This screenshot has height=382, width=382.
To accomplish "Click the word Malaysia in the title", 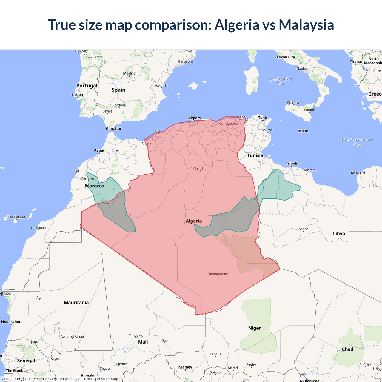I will coord(306,25).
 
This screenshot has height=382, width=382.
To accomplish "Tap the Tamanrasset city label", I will coord(218,274).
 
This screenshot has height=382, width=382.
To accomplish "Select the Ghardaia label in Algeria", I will coord(200,169).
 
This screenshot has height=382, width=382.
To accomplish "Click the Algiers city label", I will coord(194,118).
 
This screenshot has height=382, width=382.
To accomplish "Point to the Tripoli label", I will coord(291,163).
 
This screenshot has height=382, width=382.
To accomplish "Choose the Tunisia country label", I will coord(255,155).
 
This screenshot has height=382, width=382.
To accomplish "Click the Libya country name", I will coord(339,234).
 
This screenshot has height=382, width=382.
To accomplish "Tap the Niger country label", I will coord(254,328).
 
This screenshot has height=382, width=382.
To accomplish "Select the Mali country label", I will coord(143,342).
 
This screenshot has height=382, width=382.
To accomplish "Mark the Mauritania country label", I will coord(76,303).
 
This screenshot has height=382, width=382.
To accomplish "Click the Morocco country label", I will coord(95,186).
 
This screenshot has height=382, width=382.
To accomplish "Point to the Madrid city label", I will coord(129,73).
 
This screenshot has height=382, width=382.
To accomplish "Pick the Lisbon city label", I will coord(77,95).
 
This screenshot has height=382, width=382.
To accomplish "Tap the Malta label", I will coord(303,131).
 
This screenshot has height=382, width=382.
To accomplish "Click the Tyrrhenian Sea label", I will coord(280,81).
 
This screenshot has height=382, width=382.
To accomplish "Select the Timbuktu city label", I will coord(136,335).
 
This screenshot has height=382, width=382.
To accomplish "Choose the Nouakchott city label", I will coord(12,322).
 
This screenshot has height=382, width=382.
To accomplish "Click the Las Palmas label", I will coord(17,217).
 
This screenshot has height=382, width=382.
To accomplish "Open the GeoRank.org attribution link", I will coord(12,379).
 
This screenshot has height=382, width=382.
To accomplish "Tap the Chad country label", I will coord(347,349).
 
